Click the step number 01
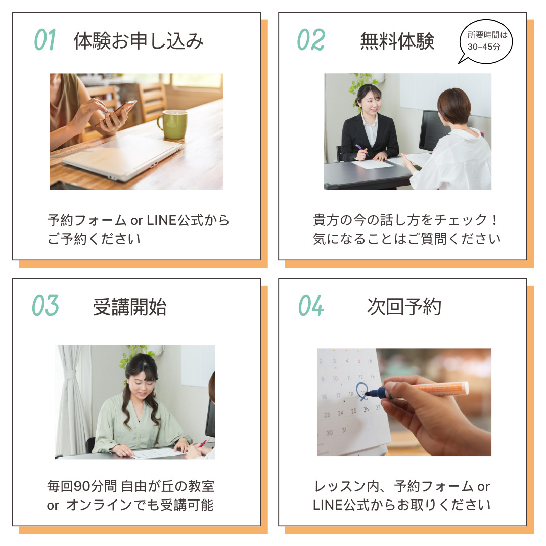point(45,40)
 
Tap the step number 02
point(311,40)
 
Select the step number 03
point(45,306)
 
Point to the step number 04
point(311,306)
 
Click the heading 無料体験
point(397,41)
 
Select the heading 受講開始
point(129,307)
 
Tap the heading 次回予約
point(404,307)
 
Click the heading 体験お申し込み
point(139,41)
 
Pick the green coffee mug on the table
point(173,124)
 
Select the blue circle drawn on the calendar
point(362,390)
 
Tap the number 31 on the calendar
point(344,430)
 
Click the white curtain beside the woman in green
point(71,400)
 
